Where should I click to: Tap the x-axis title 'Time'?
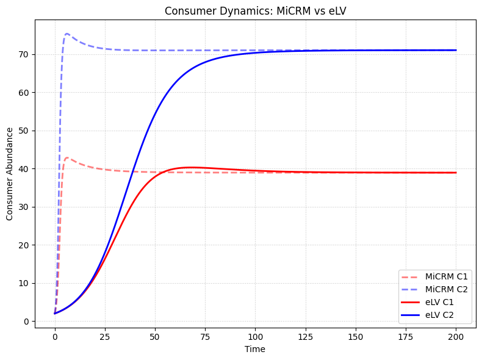click(255, 349)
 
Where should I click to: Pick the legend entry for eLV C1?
click(442, 302)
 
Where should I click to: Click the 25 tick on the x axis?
click(105, 336)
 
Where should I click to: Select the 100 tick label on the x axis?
click(256, 336)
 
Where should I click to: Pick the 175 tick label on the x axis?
click(406, 336)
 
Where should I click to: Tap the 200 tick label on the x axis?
click(456, 336)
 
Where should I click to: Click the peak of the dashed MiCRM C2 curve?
click(67, 34)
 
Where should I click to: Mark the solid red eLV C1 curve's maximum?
click(190, 167)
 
